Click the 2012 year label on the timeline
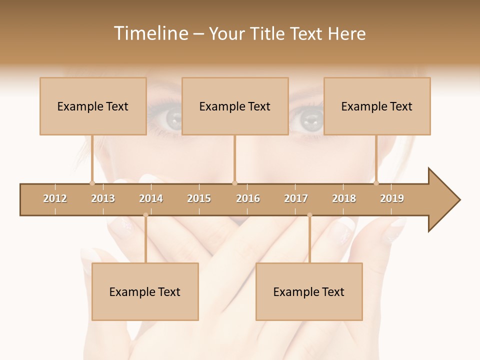point(55,198)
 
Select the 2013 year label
point(103,198)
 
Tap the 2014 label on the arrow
point(151,198)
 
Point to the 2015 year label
point(199,198)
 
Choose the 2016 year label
point(248,198)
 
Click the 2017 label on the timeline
point(296,198)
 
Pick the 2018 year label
point(344,198)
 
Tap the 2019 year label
point(392,198)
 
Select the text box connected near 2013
point(93,106)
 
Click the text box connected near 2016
point(235,106)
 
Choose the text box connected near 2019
point(377,106)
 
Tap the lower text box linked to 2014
point(145,291)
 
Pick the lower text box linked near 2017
point(309,291)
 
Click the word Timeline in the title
point(150,33)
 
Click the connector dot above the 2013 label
point(92,183)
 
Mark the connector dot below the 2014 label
point(145,215)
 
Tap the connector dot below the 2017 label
point(309,215)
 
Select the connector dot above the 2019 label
point(376,183)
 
